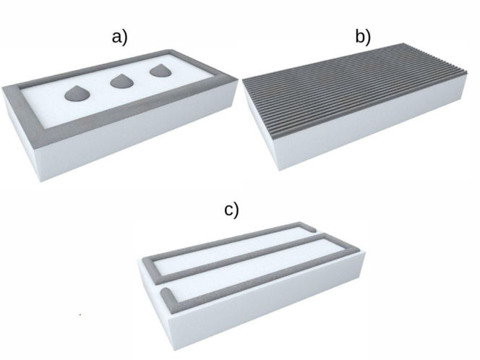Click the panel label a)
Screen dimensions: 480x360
119,38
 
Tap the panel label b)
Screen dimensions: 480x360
363,37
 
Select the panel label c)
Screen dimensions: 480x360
231,210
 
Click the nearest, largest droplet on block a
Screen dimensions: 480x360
77,94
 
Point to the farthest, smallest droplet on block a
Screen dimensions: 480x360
160,71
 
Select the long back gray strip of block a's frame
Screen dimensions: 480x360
95,69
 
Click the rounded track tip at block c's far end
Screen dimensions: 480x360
312,229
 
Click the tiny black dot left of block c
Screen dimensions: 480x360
80,314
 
